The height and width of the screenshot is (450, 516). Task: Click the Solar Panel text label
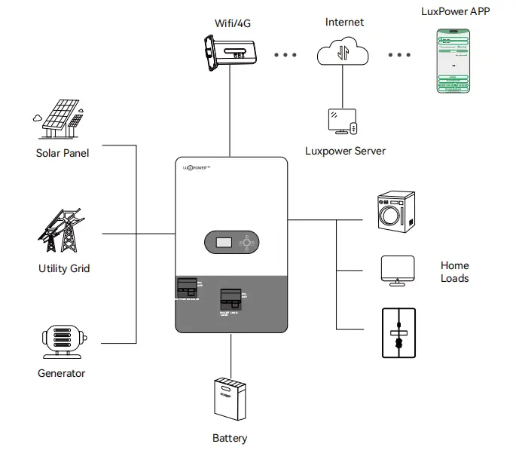point(63,153)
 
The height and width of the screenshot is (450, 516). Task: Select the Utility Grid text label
point(64,268)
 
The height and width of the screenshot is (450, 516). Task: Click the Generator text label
point(62,373)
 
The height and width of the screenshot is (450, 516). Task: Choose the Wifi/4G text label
point(232,23)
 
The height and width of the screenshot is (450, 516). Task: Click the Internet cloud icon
point(343,54)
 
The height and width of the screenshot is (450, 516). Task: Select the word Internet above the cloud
point(344,22)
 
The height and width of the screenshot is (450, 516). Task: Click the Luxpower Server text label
point(345,151)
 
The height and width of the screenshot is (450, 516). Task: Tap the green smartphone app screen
point(453,61)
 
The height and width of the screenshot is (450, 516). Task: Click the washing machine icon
point(395,211)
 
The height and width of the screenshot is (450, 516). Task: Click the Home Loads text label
point(455,272)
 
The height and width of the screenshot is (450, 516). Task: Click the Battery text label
point(230,438)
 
